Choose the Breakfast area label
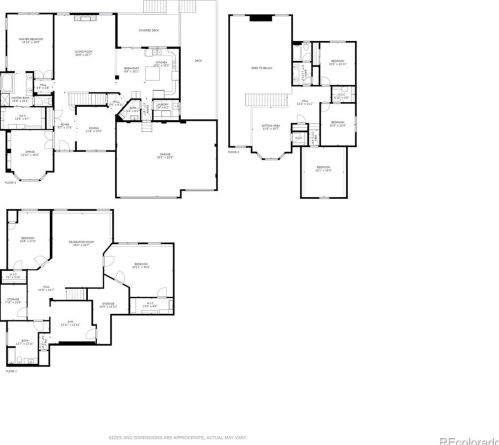(x=131, y=69)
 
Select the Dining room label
(x=93, y=129)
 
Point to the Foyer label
(x=64, y=126)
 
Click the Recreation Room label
(x=81, y=243)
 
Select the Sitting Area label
(x=269, y=126)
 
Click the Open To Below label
(x=261, y=68)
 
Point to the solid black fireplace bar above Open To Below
(x=261, y=17)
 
